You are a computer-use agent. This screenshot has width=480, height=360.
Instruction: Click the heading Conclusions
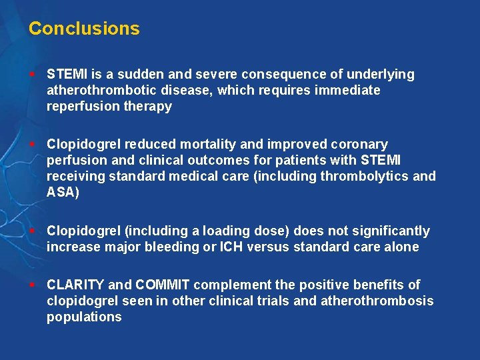(x=84, y=29)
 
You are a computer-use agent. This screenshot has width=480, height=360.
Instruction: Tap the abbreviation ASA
(x=61, y=192)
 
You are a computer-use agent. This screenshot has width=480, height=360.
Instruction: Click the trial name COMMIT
(x=163, y=285)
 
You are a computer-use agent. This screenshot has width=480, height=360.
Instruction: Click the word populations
(x=84, y=317)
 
